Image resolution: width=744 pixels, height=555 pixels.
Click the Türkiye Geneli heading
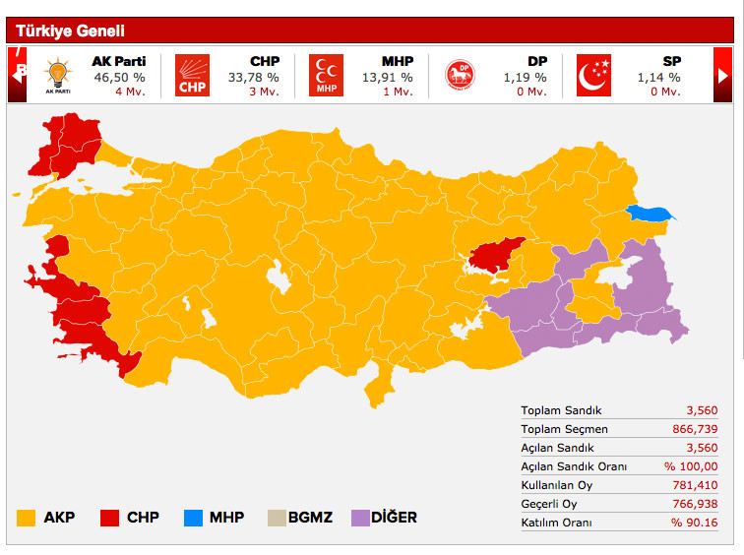70,31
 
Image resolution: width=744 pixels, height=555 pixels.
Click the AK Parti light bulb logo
59,76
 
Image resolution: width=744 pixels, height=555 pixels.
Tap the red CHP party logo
193,76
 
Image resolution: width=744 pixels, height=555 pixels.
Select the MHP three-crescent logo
326,76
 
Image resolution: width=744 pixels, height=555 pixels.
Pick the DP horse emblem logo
460,76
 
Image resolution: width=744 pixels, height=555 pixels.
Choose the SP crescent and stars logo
593,76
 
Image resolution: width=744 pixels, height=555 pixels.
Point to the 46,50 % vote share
119,77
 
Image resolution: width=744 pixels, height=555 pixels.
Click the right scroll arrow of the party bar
723,76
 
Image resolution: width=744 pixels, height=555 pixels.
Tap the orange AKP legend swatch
27,517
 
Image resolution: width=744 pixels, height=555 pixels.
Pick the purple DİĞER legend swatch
362,517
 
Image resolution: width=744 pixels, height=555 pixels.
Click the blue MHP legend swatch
194,517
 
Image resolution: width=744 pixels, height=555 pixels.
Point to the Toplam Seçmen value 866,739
697,429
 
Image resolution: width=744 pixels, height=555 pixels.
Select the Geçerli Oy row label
550,504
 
